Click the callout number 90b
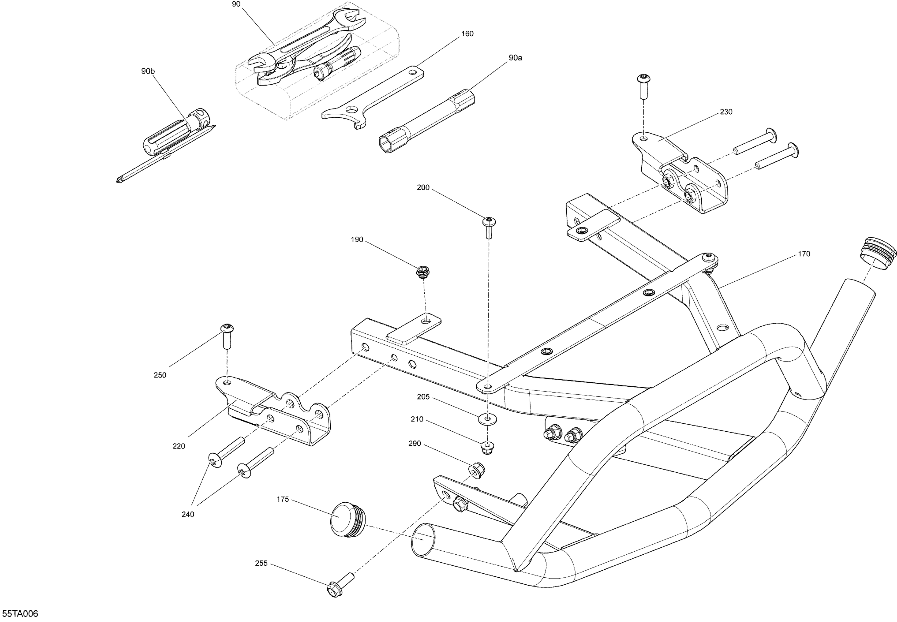[x=148, y=71]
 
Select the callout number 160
[x=467, y=34]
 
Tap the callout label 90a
[x=515, y=58]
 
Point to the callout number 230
[x=726, y=112]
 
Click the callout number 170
[x=804, y=254]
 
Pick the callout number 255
[x=261, y=563]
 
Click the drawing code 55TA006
[x=19, y=614]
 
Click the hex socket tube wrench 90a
[x=427, y=121]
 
